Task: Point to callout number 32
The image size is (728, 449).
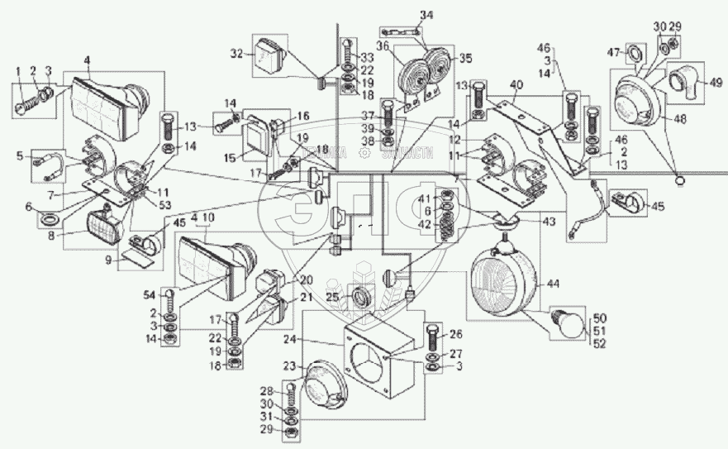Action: pyautogui.click(x=236, y=54)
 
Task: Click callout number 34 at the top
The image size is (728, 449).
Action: pyautogui.click(x=426, y=14)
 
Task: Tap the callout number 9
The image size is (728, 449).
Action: pyautogui.click(x=107, y=259)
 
